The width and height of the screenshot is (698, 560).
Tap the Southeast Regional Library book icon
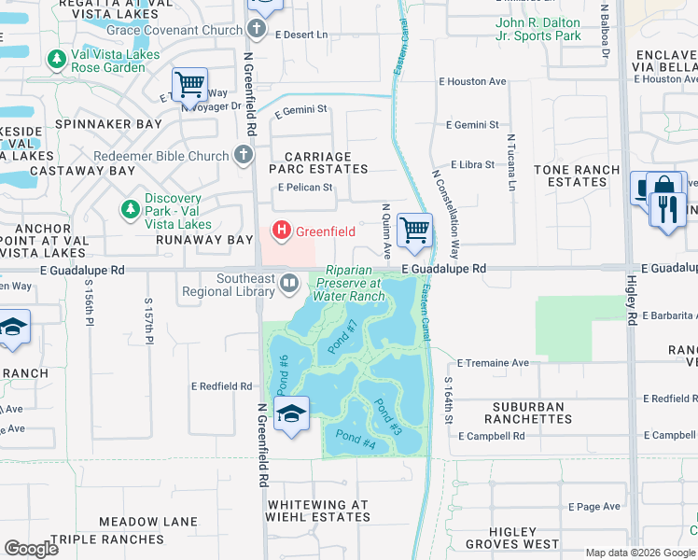click(289, 281)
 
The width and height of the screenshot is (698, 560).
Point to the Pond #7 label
click(343, 337)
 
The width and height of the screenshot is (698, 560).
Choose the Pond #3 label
click(388, 416)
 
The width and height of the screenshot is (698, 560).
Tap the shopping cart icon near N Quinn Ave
click(414, 230)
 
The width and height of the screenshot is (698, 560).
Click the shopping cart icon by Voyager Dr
click(190, 86)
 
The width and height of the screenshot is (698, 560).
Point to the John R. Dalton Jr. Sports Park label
click(538, 29)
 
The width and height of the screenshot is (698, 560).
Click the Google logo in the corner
click(32, 549)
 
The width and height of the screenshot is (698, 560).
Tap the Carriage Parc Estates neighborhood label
click(318, 162)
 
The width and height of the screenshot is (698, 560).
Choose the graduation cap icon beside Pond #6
click(292, 413)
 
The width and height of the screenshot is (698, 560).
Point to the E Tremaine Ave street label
click(494, 362)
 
